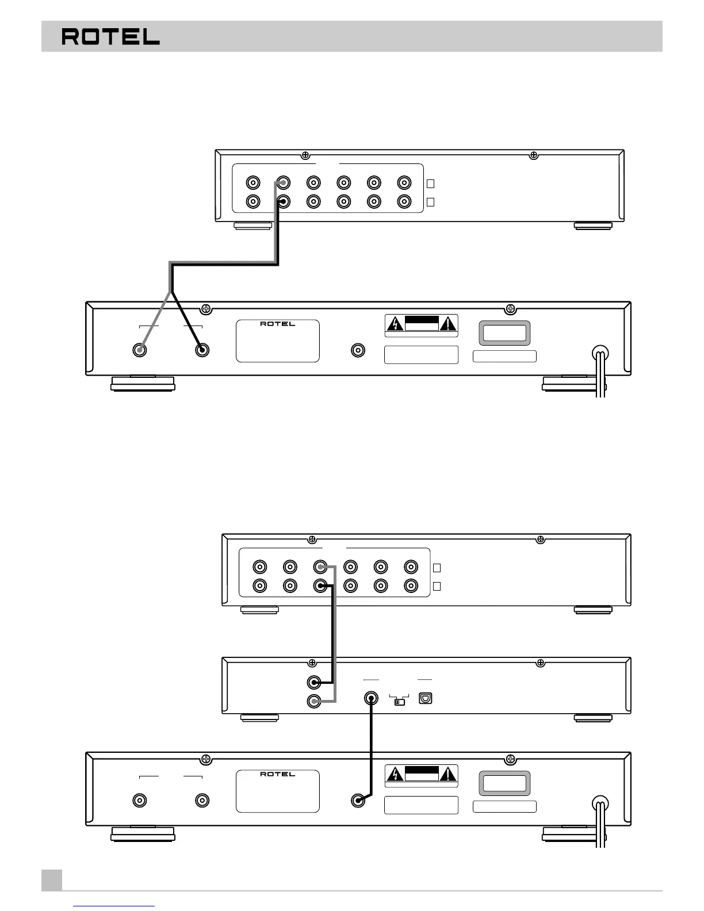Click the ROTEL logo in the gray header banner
110,37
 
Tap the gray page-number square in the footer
52,879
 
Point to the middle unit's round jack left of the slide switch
371,699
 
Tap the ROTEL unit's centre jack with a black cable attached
358,800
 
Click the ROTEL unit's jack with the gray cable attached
139,350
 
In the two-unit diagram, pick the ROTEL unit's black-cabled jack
202,350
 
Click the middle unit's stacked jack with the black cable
314,683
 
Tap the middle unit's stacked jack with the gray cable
314,701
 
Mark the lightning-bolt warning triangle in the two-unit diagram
396,324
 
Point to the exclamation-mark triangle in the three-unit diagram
447,774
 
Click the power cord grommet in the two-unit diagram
600,354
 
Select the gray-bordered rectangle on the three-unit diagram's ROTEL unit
504,783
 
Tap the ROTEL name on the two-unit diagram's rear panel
277,324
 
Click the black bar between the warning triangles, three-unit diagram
422,771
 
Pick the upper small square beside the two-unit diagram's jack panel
430,183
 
